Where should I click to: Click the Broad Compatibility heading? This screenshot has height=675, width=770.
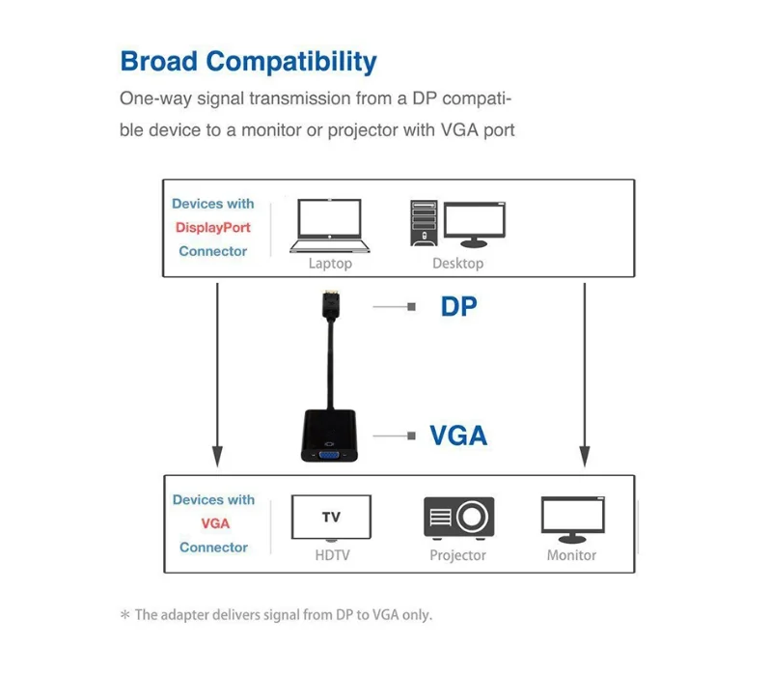pos(249,63)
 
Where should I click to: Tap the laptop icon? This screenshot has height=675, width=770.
pos(329,226)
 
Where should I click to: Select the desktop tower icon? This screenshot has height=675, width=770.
pos(424,223)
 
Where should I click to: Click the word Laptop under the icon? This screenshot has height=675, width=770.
pos(330,264)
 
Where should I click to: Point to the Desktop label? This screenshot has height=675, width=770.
pos(457,264)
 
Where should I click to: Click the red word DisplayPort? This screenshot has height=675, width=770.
pos(212,228)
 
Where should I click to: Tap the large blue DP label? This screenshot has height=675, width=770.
pos(458,306)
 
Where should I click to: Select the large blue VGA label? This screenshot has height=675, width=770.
pos(458,436)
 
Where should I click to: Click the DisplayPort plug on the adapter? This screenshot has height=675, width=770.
pos(332,304)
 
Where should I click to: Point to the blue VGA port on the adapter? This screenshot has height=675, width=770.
pos(329,455)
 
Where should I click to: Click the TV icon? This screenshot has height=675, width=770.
pos(331,518)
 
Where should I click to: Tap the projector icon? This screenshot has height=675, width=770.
pos(458,517)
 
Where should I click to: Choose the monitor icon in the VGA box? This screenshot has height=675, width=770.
pos(572,520)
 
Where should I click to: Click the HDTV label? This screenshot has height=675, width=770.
pos(333,555)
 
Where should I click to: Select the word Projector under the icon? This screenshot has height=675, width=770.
pos(457,555)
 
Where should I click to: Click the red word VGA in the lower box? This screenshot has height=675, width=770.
pos(215,523)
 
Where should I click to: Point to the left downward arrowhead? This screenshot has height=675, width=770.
pos(217,456)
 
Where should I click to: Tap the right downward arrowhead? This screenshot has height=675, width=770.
pos(585,456)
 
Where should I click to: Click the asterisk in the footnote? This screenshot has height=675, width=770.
pos(125,614)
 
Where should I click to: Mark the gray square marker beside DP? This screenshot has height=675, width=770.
pos(411,307)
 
